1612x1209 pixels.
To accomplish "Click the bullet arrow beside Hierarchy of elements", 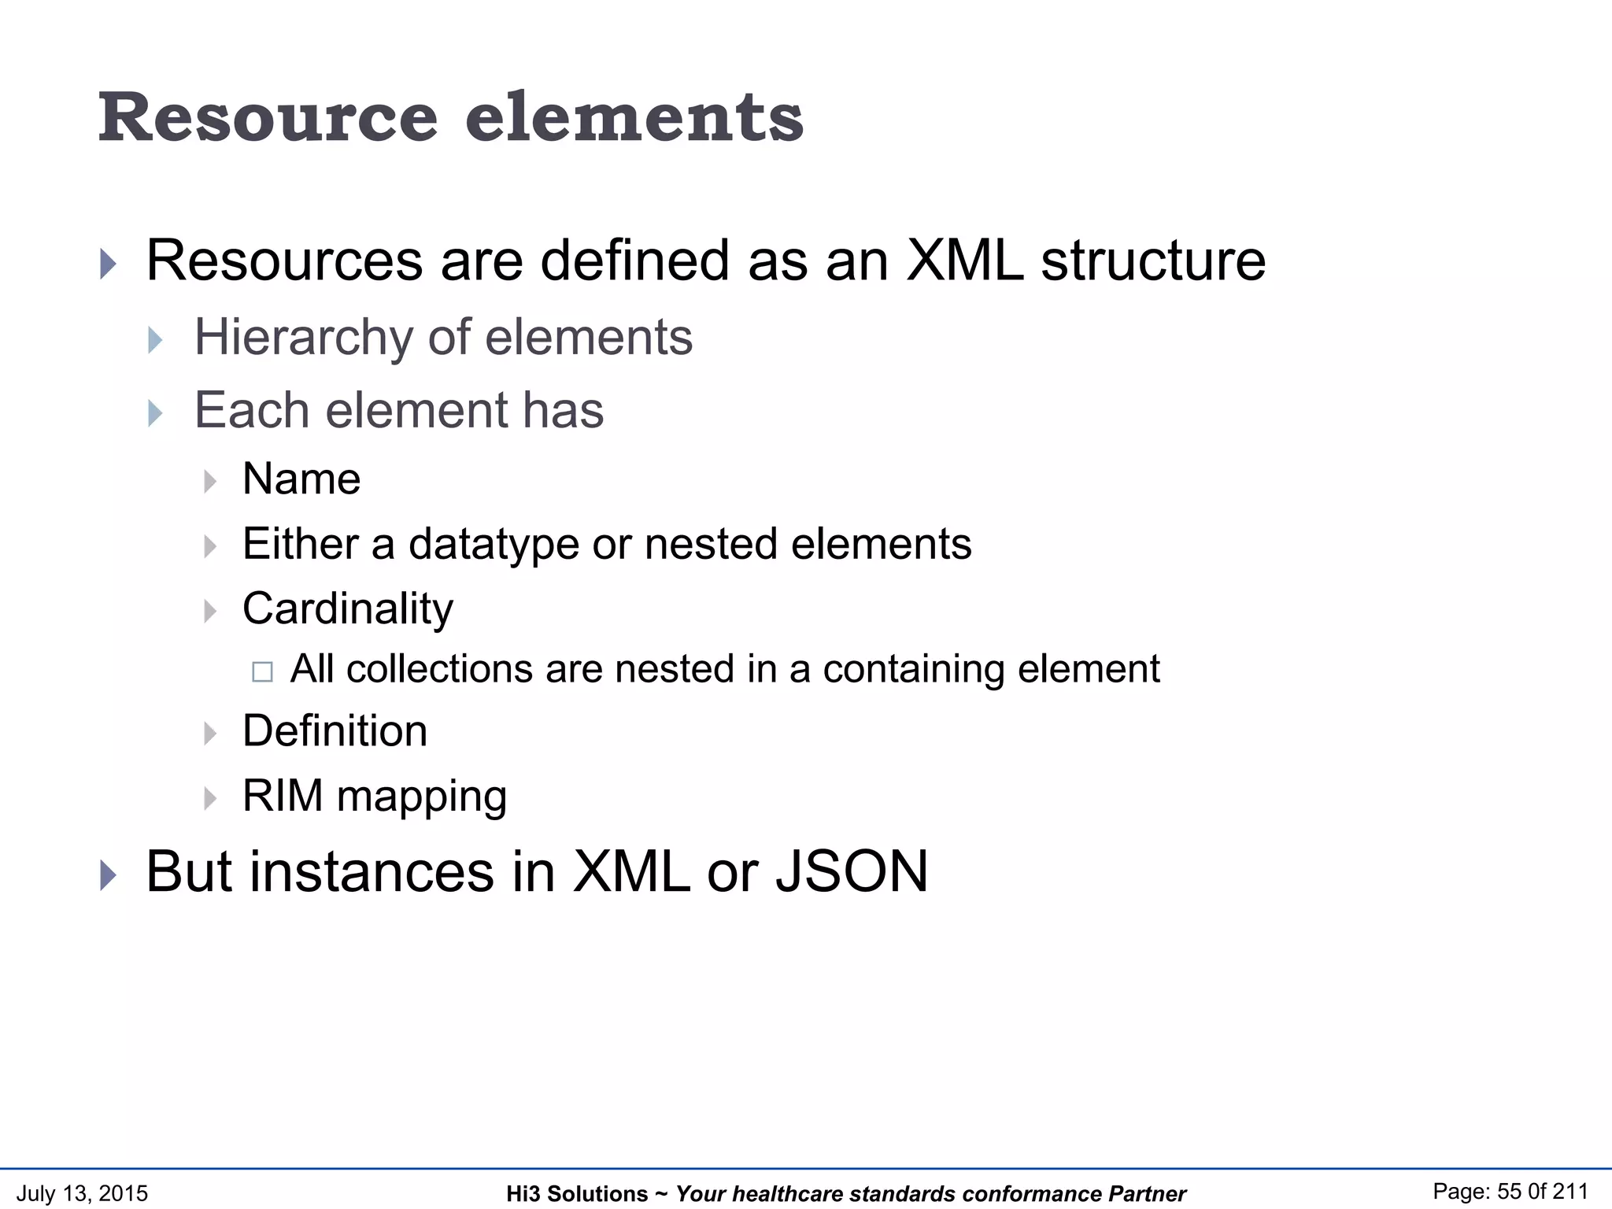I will (x=155, y=340).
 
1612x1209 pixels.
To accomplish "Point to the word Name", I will (x=301, y=479).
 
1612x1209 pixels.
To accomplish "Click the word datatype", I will (x=494, y=545).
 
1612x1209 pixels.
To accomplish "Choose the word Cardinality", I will (x=348, y=609).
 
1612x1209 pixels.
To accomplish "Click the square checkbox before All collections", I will (x=262, y=671).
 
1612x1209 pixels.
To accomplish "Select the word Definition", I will (x=335, y=731).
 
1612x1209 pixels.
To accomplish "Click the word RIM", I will (x=283, y=796).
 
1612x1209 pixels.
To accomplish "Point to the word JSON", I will (x=852, y=872).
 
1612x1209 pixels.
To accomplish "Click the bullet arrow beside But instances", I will (x=109, y=875).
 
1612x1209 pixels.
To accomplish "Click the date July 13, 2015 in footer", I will (x=82, y=1193).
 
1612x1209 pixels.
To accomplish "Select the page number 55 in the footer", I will (x=1510, y=1192).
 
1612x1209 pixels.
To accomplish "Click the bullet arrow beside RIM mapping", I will (x=210, y=798).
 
